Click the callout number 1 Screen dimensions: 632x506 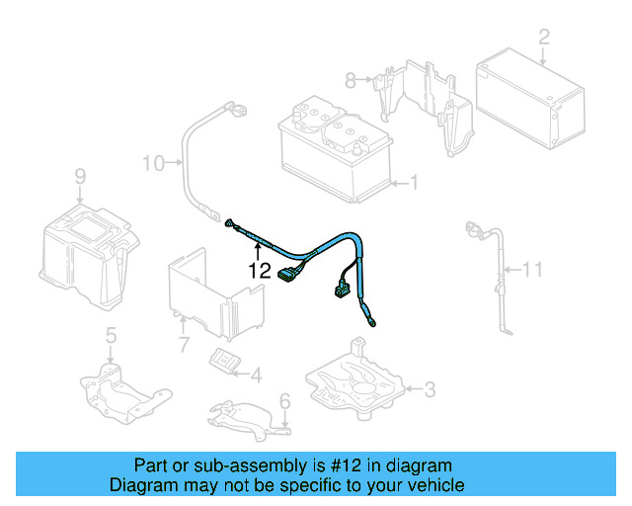414,182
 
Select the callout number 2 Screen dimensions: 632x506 543,39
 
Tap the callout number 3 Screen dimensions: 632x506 429,389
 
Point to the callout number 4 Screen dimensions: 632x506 256,375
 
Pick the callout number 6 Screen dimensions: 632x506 284,401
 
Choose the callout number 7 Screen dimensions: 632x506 183,345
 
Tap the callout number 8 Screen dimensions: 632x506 350,78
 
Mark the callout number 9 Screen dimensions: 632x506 80,176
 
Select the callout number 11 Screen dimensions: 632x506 533,268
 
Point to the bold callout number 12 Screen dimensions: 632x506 259,268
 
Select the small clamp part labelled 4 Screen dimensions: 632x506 227,362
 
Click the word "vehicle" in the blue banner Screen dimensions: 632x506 431,485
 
